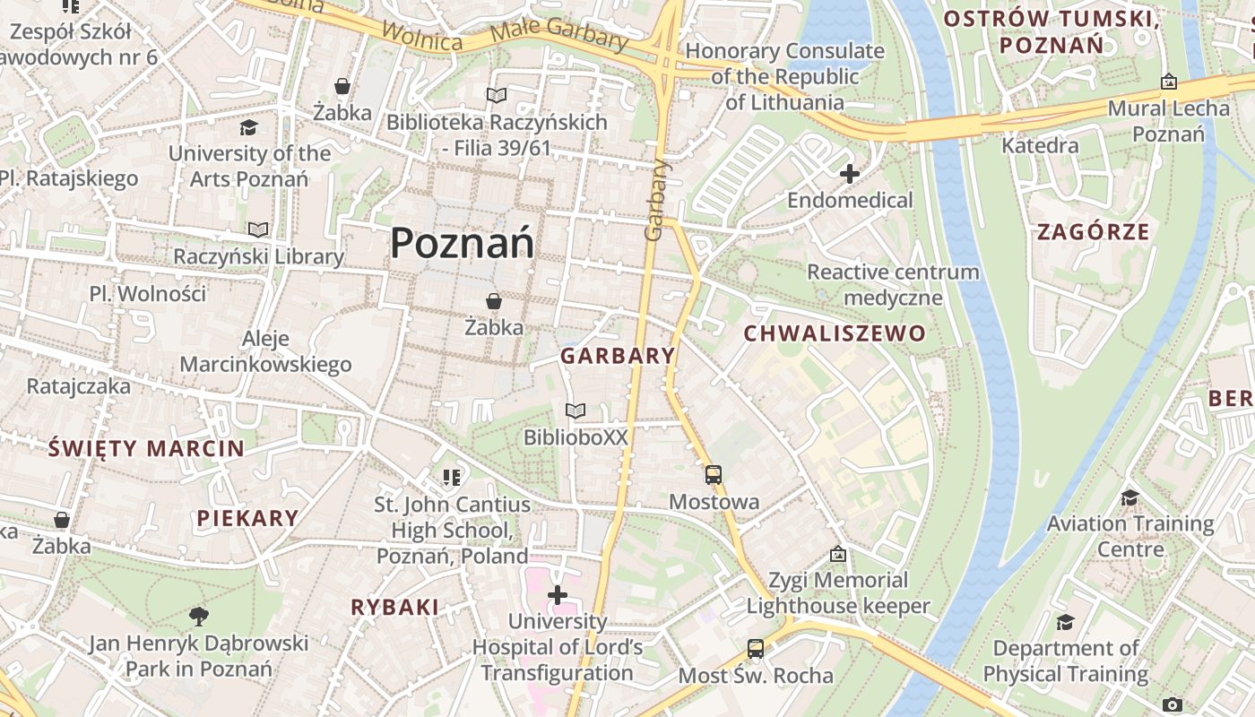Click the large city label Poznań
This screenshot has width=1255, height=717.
462,243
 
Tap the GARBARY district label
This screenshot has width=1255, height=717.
618,356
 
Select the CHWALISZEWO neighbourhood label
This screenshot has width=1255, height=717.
835,334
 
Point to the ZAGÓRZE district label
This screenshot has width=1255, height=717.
1093,232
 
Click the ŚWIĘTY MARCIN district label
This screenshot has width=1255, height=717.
146,448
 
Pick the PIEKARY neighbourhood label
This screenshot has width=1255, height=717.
247,518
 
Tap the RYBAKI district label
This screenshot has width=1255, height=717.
394,608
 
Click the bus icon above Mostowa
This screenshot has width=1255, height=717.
714,475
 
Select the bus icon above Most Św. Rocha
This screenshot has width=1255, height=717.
756,648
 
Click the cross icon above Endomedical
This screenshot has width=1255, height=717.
850,174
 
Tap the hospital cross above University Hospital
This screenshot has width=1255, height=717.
558,594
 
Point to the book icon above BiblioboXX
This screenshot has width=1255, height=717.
576,410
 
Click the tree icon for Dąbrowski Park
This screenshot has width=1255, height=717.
199,616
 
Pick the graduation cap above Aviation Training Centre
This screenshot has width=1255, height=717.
1129,497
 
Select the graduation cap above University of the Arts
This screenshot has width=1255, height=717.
248,127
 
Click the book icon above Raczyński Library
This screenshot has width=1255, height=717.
258,230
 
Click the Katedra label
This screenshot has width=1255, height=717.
1040,145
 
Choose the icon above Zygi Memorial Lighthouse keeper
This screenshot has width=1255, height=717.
838,554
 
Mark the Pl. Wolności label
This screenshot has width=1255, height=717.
148,294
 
